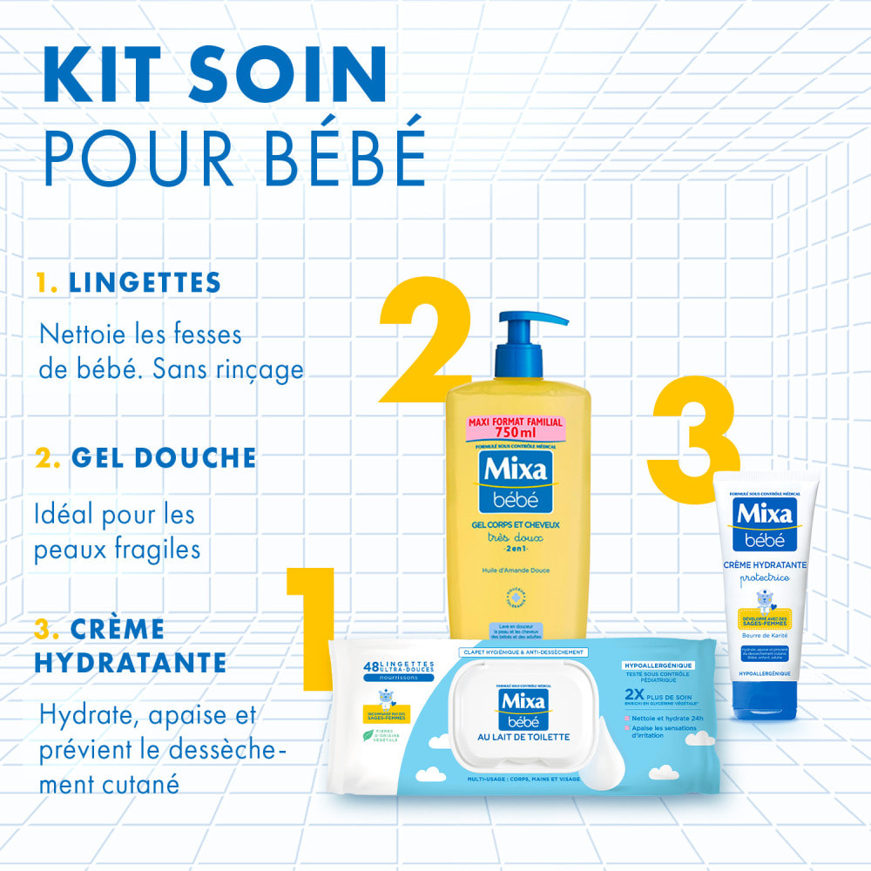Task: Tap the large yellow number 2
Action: tap(425, 348)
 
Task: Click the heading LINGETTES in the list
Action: tap(145, 282)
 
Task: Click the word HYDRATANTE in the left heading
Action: tap(131, 663)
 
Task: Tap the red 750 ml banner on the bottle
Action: tap(517, 428)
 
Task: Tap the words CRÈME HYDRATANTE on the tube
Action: tap(766, 564)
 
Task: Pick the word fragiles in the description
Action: tap(157, 550)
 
